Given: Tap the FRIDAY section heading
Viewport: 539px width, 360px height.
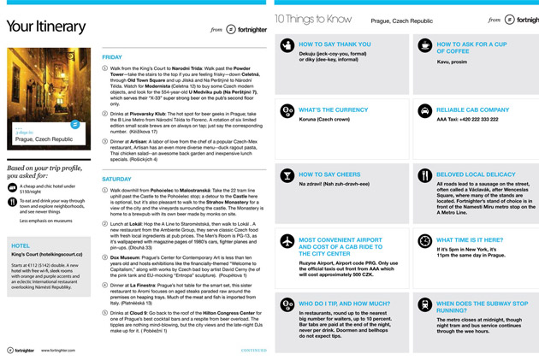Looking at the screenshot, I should [112, 57].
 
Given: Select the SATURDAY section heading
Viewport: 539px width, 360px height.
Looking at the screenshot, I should [116, 179].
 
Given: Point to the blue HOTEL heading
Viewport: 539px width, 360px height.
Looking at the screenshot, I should [21, 245].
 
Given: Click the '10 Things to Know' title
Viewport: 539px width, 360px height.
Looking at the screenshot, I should [314, 19].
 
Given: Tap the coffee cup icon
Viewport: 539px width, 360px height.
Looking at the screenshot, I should [424, 46].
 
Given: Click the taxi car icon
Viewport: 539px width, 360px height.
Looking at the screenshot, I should [424, 110].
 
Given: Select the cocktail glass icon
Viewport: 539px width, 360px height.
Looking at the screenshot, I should [287, 175].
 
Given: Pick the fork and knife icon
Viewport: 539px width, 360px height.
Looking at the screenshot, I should [424, 175].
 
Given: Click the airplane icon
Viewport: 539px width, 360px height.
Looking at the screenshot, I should [287, 241].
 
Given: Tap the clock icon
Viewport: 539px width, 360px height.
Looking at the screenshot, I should [424, 241].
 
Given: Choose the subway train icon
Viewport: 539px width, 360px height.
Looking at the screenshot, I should [424, 305].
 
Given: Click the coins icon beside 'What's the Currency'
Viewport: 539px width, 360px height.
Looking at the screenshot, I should [287, 110].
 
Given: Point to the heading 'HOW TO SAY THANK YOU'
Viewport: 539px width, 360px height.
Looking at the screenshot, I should [336, 43].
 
